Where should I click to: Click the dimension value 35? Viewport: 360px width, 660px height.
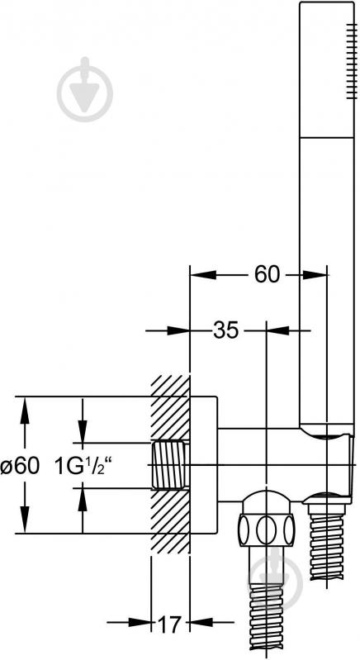click(x=226, y=330)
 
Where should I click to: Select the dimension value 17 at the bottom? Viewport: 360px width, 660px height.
click(x=170, y=624)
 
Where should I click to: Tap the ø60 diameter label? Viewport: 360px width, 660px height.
click(x=20, y=466)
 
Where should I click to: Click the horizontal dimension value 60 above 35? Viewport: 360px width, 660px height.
click(x=267, y=275)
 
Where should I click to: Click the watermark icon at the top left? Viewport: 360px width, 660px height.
click(x=85, y=89)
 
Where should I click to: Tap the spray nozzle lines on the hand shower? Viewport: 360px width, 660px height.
click(x=350, y=62)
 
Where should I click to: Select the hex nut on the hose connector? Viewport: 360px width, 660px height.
click(x=267, y=529)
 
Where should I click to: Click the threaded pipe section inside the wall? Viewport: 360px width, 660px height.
click(x=170, y=466)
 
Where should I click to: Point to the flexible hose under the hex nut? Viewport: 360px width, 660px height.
click(x=266, y=620)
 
